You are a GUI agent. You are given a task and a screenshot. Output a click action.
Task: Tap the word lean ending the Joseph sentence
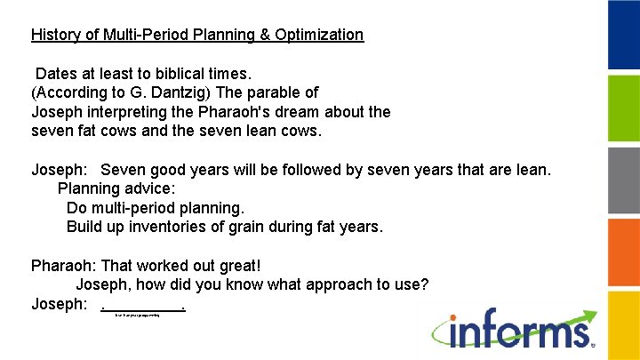click(532, 169)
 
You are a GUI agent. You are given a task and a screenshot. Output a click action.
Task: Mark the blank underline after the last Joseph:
click(144, 307)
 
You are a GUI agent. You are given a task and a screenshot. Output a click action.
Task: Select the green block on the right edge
click(623, 108)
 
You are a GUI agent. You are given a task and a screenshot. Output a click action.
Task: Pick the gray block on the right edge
click(623, 180)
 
